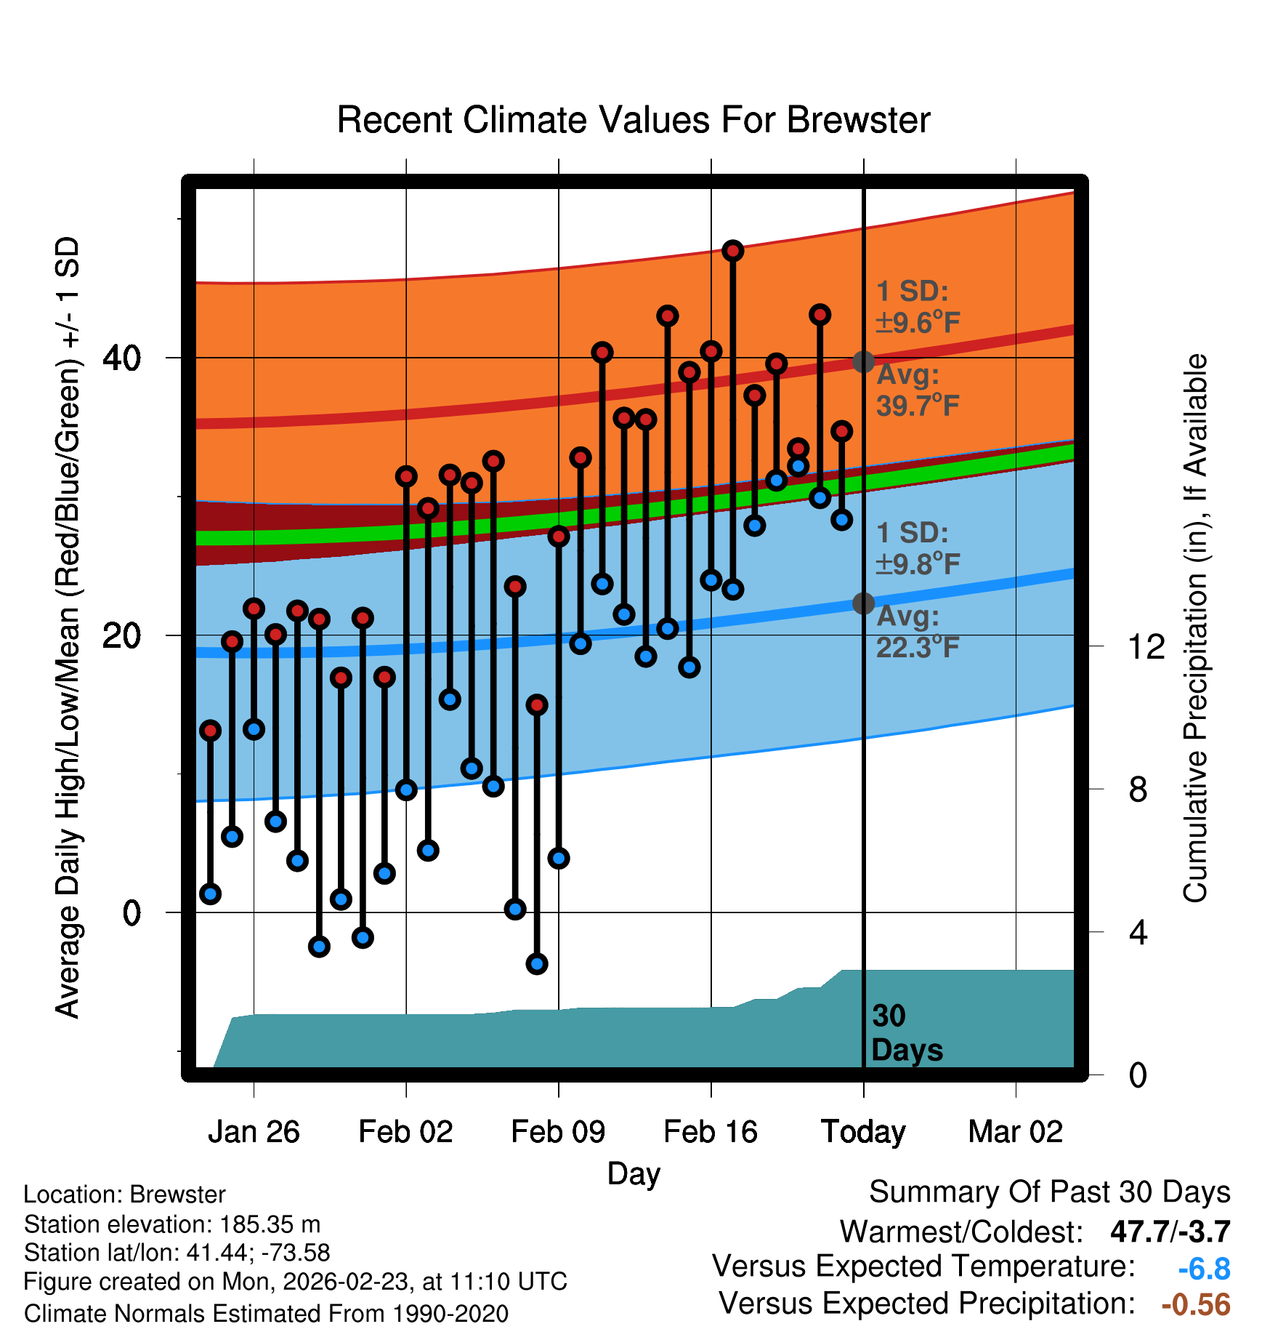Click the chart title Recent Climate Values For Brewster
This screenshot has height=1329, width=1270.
coord(634,120)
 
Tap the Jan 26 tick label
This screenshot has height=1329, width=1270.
coord(254,1132)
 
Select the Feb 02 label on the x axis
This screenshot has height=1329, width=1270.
coord(405,1132)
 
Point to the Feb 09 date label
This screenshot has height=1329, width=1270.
coord(558,1132)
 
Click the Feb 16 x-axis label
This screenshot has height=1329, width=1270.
coord(711,1132)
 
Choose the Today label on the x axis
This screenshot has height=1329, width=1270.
coord(863,1132)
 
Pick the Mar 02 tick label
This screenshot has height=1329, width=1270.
coord(1016,1132)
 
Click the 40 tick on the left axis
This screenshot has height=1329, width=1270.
coord(121,358)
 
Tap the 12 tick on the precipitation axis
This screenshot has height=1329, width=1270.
coord(1146,646)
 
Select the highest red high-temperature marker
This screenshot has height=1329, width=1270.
coord(732,251)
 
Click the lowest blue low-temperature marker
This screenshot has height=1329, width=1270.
coord(537,964)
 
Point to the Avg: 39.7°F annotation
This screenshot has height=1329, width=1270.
coord(918,390)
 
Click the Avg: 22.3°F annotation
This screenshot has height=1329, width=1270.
coord(918,632)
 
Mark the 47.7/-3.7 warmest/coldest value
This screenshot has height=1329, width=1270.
coord(1170,1232)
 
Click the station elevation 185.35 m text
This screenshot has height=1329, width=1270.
coord(172,1224)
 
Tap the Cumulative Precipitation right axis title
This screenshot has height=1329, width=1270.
coord(1195,628)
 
